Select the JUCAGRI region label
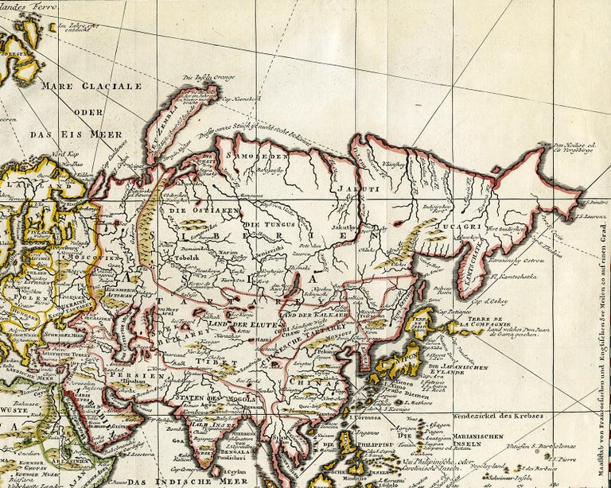click(x=433, y=226)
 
